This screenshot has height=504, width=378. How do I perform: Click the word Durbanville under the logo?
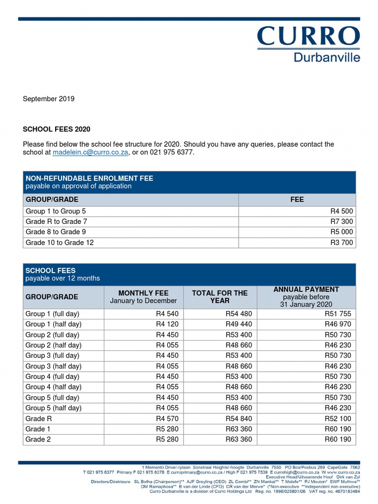[327, 57]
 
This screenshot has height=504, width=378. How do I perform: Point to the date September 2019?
[49, 99]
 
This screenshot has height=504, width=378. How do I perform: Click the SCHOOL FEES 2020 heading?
[57, 129]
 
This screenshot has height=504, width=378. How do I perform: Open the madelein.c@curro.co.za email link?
[91, 153]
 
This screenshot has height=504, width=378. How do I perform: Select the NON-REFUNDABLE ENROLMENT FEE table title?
[89, 178]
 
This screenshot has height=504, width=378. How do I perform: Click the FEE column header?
[297, 199]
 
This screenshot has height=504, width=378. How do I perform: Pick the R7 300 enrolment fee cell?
[342, 221]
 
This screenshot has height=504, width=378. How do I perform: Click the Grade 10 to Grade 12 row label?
[60, 243]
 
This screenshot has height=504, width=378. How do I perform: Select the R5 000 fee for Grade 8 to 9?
[342, 232]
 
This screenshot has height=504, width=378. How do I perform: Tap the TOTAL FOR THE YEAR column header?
[220, 297]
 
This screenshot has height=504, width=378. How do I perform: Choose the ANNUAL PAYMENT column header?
[306, 290]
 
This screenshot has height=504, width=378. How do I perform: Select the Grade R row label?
[38, 418]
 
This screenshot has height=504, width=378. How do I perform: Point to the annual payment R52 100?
[338, 418]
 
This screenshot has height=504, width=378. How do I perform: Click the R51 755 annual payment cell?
[338, 314]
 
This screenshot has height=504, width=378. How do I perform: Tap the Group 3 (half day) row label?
[53, 366]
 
